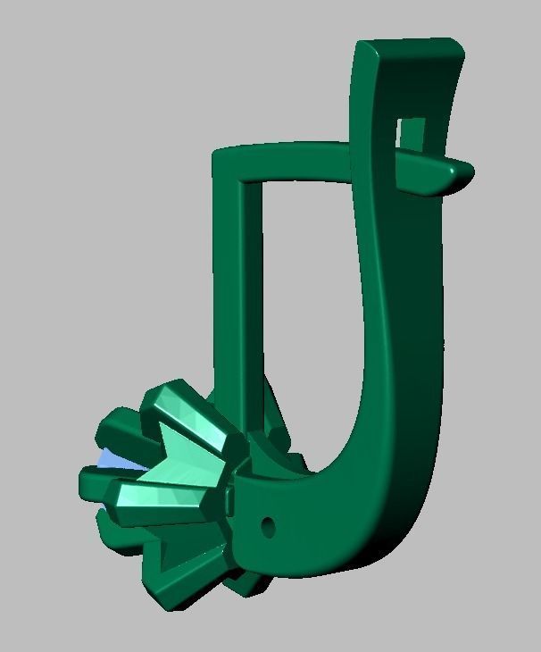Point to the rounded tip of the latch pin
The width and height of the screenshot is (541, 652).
(x=463, y=170)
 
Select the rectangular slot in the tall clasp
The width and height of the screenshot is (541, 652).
(x=412, y=134)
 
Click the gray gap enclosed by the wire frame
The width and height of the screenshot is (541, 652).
(x=304, y=295)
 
